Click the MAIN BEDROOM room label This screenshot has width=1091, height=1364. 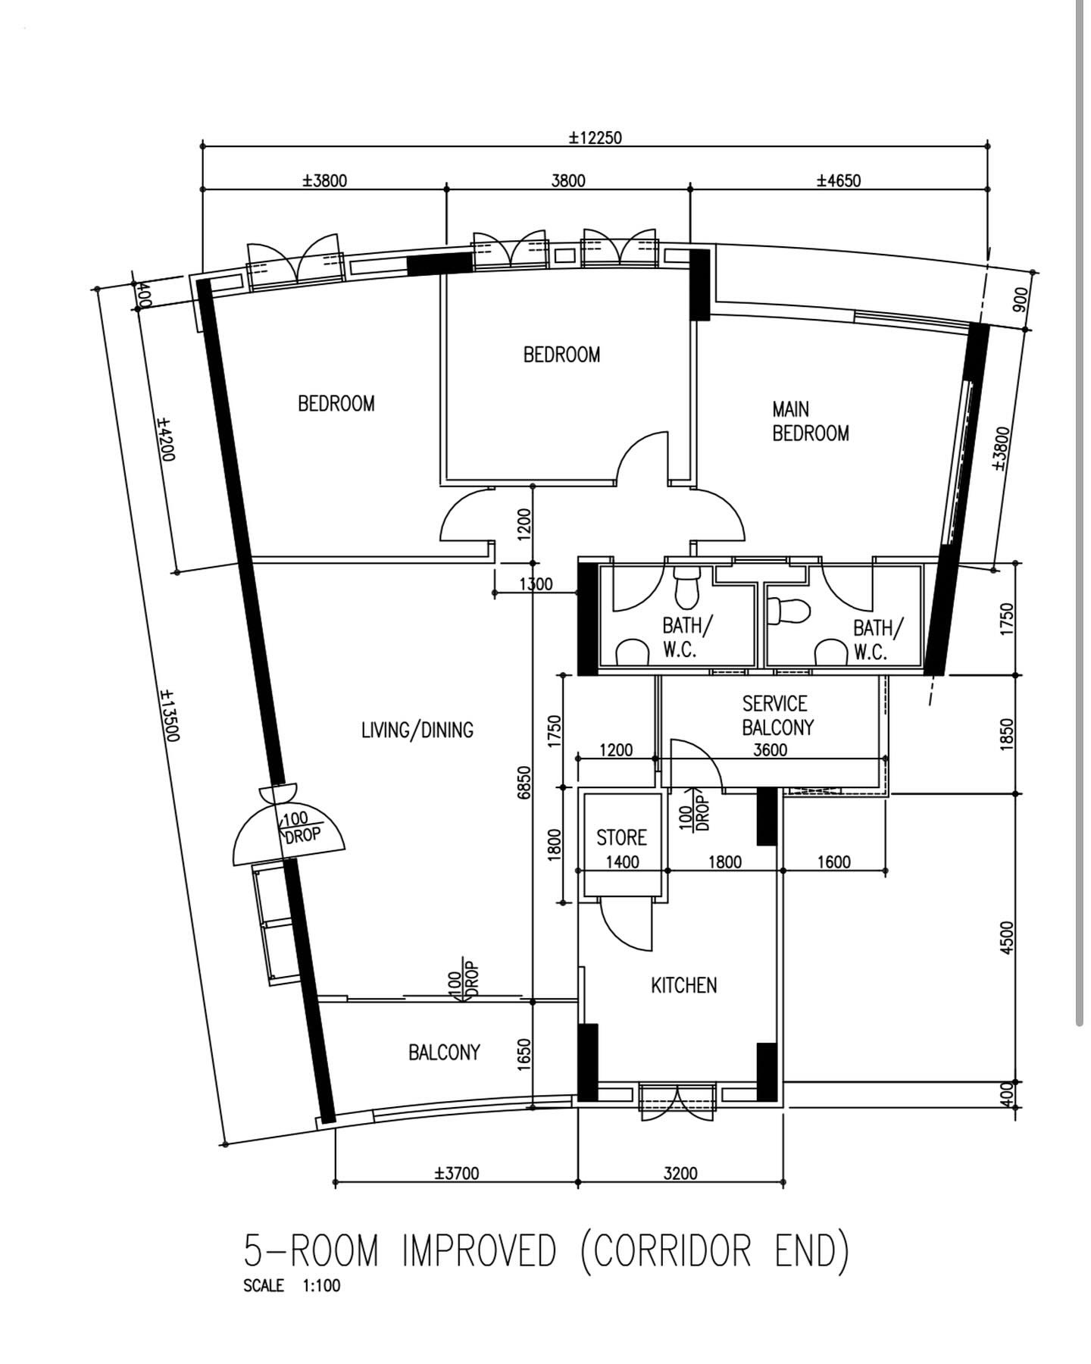(x=810, y=421)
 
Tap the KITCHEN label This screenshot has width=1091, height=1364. (x=683, y=985)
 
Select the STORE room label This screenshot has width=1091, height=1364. (x=621, y=837)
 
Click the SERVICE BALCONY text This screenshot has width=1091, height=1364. (x=777, y=715)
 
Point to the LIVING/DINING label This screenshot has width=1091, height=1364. (x=417, y=730)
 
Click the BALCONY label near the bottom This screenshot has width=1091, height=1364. (x=444, y=1053)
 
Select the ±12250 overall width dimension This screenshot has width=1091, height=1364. (x=596, y=138)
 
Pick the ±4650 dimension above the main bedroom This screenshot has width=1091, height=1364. (x=839, y=180)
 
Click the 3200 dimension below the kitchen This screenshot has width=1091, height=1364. (x=680, y=1174)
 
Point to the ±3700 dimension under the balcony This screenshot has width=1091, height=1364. (x=456, y=1174)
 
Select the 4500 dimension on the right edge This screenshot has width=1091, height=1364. (x=1006, y=937)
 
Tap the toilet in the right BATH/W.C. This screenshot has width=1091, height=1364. (x=788, y=611)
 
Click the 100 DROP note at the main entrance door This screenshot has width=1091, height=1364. (x=302, y=828)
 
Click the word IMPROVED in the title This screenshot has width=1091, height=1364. (x=479, y=1251)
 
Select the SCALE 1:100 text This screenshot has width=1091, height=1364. (x=292, y=1286)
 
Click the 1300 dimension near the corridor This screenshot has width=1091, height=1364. (x=536, y=584)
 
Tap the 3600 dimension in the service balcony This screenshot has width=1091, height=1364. (x=770, y=750)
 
